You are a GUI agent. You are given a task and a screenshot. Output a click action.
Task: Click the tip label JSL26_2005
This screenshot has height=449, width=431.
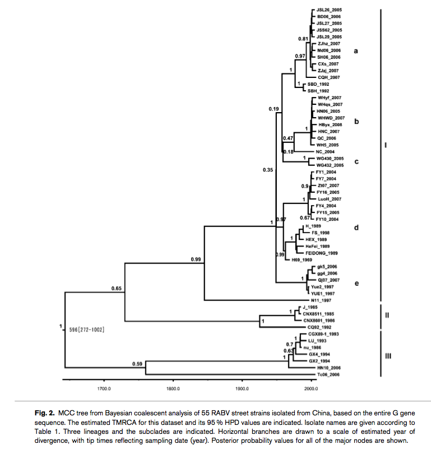point(328,10)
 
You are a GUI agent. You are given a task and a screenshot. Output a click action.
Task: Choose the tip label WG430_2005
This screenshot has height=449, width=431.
point(330,158)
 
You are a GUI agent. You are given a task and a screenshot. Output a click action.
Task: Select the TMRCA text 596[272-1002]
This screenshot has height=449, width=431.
point(87,329)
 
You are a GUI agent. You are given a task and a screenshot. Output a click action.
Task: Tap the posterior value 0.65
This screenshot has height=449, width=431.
point(117,288)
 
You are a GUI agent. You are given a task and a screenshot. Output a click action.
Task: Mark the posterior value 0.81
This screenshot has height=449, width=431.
point(303,39)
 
